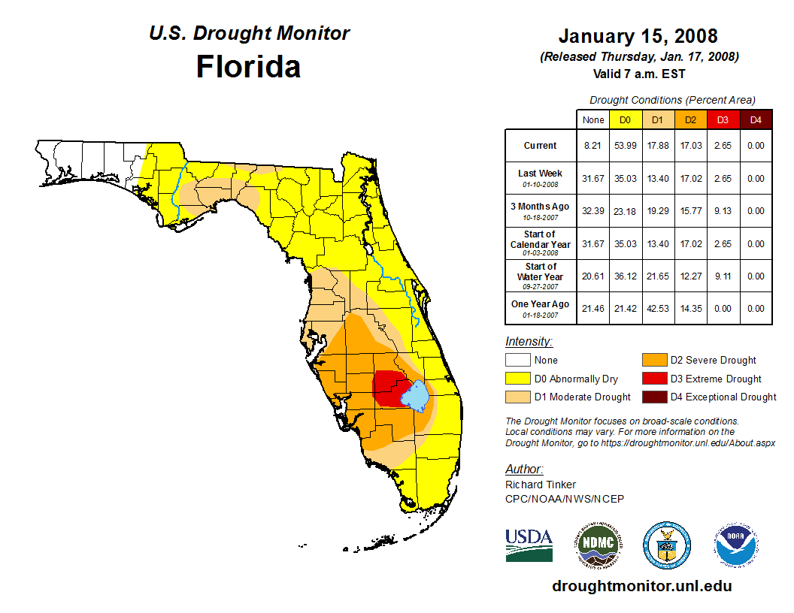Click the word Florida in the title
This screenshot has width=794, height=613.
(248, 67)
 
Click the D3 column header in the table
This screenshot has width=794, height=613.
(723, 119)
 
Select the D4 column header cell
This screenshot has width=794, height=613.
(756, 119)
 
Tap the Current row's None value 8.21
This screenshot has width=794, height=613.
(593, 146)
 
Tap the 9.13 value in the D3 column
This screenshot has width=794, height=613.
(723, 211)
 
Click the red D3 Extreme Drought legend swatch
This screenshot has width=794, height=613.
(654, 379)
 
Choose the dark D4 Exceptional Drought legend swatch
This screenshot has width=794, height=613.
(654, 397)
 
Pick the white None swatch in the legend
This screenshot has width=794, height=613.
(518, 361)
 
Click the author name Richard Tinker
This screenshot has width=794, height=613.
(541, 485)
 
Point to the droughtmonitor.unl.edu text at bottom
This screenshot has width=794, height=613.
(641, 586)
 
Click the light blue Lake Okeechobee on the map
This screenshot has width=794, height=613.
(414, 394)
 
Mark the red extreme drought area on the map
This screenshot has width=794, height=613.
(387, 387)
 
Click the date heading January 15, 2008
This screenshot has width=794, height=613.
(638, 36)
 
